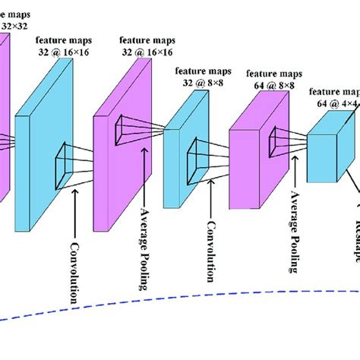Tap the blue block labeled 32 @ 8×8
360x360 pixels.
pyautogui.click(x=182, y=152)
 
